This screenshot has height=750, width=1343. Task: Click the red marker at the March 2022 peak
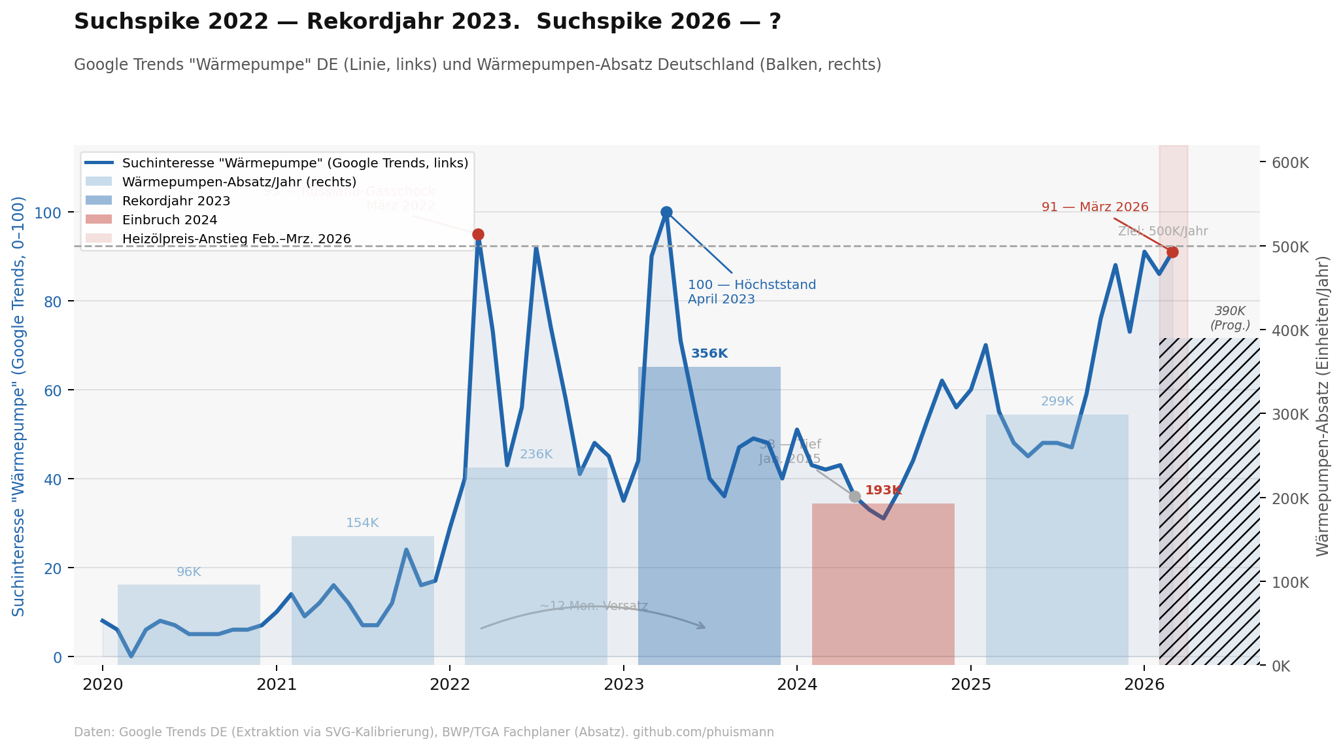click(478, 234)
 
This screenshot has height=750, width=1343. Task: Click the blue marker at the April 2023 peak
click(666, 212)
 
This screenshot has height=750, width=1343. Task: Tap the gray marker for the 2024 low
click(855, 496)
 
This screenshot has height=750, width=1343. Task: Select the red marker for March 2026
click(1172, 252)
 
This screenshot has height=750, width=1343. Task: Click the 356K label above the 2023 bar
click(709, 354)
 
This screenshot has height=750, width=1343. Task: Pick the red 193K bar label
click(883, 490)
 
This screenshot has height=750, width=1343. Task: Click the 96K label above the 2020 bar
click(189, 572)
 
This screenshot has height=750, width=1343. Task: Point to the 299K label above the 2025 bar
click(1057, 401)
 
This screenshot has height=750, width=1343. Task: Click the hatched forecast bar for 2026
click(1210, 503)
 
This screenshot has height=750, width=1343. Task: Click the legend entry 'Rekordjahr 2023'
click(176, 201)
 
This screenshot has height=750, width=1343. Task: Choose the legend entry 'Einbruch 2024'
click(169, 220)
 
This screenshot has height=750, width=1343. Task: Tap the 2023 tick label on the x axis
click(624, 685)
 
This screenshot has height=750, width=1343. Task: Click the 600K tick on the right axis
click(1290, 163)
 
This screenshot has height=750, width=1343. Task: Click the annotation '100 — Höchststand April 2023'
click(751, 292)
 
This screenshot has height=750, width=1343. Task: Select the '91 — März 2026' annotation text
click(1095, 207)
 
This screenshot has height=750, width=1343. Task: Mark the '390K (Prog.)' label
click(1230, 318)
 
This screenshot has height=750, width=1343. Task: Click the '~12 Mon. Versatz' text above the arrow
click(594, 606)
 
